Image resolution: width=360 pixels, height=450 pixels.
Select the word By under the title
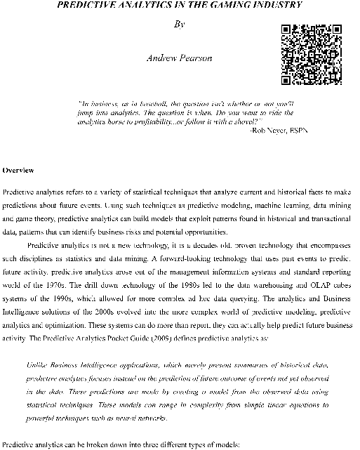[180, 24]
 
